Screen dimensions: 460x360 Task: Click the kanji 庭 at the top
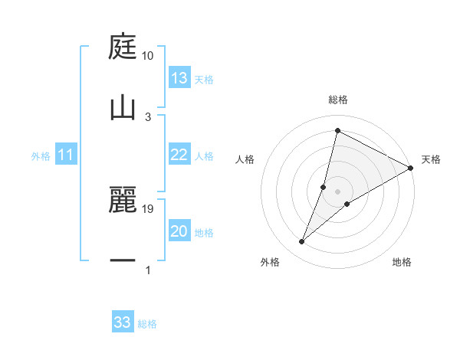(123, 47)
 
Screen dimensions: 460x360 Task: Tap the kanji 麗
(123, 201)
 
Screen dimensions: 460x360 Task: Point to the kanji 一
(123, 260)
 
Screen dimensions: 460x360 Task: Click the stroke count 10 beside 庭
(148, 56)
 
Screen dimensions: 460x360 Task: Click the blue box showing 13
(179, 78)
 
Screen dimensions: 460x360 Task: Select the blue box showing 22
(179, 155)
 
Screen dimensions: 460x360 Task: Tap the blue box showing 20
(179, 231)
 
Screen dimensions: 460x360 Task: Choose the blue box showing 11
(66, 155)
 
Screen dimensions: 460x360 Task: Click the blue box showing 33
(123, 322)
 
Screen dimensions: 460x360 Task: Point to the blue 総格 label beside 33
(147, 324)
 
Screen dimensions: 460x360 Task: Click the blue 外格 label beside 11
(41, 156)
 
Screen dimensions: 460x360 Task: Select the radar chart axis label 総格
(337, 100)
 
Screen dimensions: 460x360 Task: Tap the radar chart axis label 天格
(431, 159)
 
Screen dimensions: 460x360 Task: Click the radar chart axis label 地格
(402, 262)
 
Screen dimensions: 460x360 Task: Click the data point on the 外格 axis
(302, 242)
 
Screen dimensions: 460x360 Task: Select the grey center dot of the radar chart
(337, 191)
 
